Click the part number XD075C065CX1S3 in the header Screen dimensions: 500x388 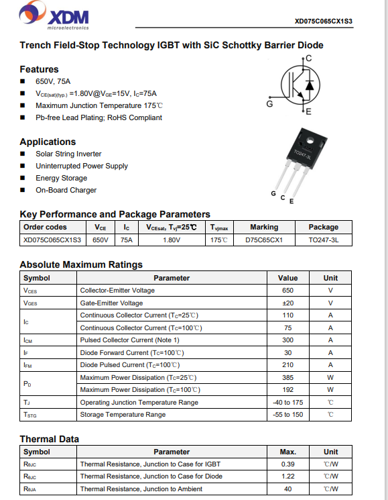pyautogui.click(x=323, y=21)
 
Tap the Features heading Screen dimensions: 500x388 pyautogui.click(x=39, y=69)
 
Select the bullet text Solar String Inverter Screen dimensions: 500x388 pyautogui.click(x=68, y=154)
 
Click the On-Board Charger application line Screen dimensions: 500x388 pyautogui.click(x=66, y=190)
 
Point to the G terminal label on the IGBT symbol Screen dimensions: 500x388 pyautogui.click(x=269, y=104)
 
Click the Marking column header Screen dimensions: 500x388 pyautogui.click(x=264, y=227)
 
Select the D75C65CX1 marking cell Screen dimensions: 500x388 pyautogui.click(x=264, y=240)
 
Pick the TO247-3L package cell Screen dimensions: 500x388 pyautogui.click(x=323, y=240)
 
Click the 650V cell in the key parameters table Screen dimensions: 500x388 pyautogui.click(x=100, y=240)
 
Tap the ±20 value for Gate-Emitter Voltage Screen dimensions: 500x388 pyautogui.click(x=287, y=303)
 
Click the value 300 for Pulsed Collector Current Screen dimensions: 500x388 pyautogui.click(x=287, y=340)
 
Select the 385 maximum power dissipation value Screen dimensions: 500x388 pyautogui.click(x=287, y=377)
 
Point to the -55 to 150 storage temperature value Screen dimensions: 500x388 pyautogui.click(x=287, y=414)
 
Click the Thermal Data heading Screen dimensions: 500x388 pyautogui.click(x=49, y=439)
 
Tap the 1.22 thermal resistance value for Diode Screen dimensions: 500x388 pyautogui.click(x=287, y=477)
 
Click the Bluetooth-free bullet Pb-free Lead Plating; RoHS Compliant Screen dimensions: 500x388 pyautogui.click(x=99, y=117)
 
